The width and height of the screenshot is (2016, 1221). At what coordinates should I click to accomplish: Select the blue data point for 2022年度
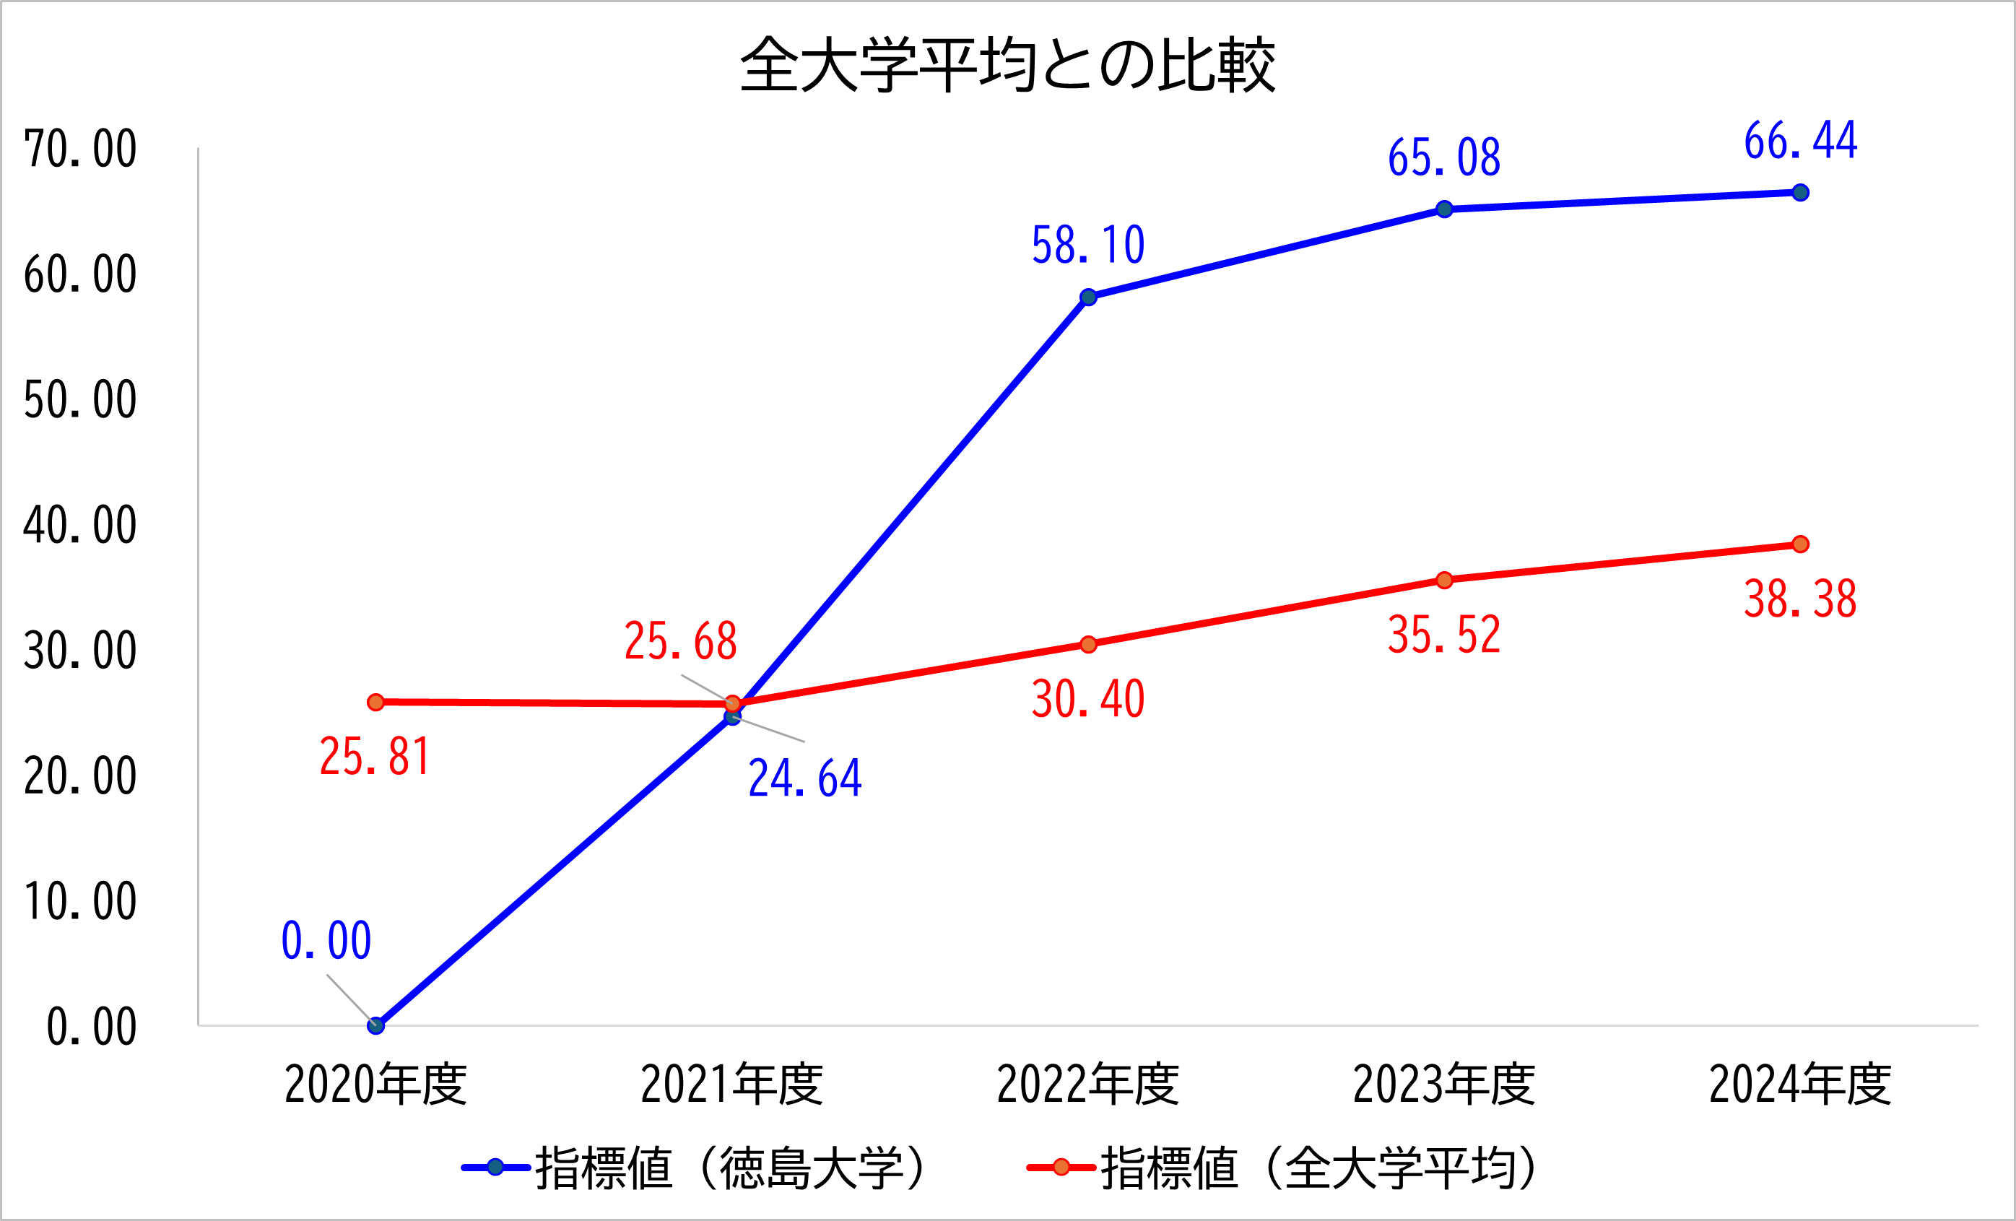coord(1088,297)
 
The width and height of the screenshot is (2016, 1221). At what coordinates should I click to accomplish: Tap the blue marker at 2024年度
coord(1800,192)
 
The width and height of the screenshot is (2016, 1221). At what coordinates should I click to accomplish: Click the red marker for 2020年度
coord(375,702)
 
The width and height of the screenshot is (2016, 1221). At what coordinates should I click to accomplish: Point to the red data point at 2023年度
coord(1444,581)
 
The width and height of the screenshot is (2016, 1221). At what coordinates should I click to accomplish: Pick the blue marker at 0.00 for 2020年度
coord(375,1025)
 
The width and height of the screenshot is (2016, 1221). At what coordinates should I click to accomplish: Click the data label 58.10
coord(1087,245)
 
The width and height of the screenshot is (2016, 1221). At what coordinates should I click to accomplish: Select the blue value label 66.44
coord(1800,141)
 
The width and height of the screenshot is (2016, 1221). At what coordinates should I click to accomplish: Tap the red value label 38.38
coord(1800,600)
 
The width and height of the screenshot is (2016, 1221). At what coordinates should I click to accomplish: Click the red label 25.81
coord(375,756)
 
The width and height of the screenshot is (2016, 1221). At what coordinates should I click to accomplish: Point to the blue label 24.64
coord(805,778)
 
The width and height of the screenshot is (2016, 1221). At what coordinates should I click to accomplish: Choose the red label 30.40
coord(1087,700)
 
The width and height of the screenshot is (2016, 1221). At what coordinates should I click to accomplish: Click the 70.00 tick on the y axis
coord(80,149)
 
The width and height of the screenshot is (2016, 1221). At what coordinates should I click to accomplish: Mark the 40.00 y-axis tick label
coord(80,526)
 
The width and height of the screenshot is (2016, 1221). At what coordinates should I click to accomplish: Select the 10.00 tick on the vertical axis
coord(80,902)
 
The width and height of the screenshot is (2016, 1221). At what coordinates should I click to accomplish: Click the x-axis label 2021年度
coord(731,1085)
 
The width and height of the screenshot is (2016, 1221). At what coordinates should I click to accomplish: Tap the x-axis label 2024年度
coord(1800,1085)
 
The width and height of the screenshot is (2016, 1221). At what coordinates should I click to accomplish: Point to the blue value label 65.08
coord(1444,158)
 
